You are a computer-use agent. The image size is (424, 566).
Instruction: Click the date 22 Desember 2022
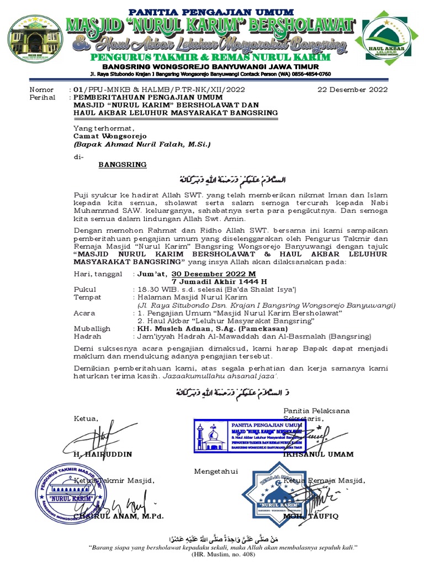tap(353, 89)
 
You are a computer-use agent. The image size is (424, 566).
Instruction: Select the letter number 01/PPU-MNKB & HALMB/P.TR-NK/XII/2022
tap(156, 89)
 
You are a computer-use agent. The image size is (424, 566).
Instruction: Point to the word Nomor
tap(41, 90)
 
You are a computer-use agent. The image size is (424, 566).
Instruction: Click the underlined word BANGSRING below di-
tap(122, 164)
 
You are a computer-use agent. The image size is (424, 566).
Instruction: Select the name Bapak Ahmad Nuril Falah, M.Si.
tap(142, 144)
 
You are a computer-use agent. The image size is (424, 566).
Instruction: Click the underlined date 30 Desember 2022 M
tap(214, 274)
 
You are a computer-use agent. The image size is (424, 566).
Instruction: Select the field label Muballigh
tap(92, 328)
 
